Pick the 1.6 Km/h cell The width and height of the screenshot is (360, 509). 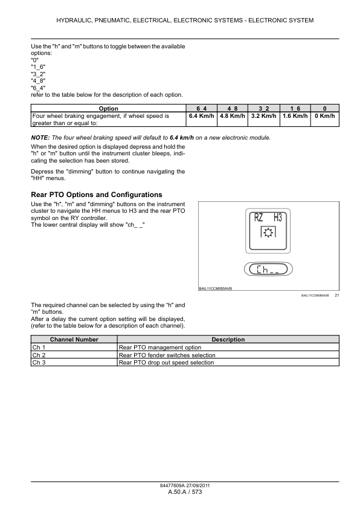[295, 115]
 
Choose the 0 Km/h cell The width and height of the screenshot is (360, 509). [325, 115]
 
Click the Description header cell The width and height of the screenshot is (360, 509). [228, 340]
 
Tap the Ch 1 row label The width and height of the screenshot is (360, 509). [39, 348]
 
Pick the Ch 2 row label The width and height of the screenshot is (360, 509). [39, 355]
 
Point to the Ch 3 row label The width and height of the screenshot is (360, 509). [39, 363]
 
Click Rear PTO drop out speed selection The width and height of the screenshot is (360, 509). [166, 363]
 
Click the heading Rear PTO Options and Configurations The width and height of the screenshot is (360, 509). [96, 195]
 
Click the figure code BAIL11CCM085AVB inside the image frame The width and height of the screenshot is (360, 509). [215, 290]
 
